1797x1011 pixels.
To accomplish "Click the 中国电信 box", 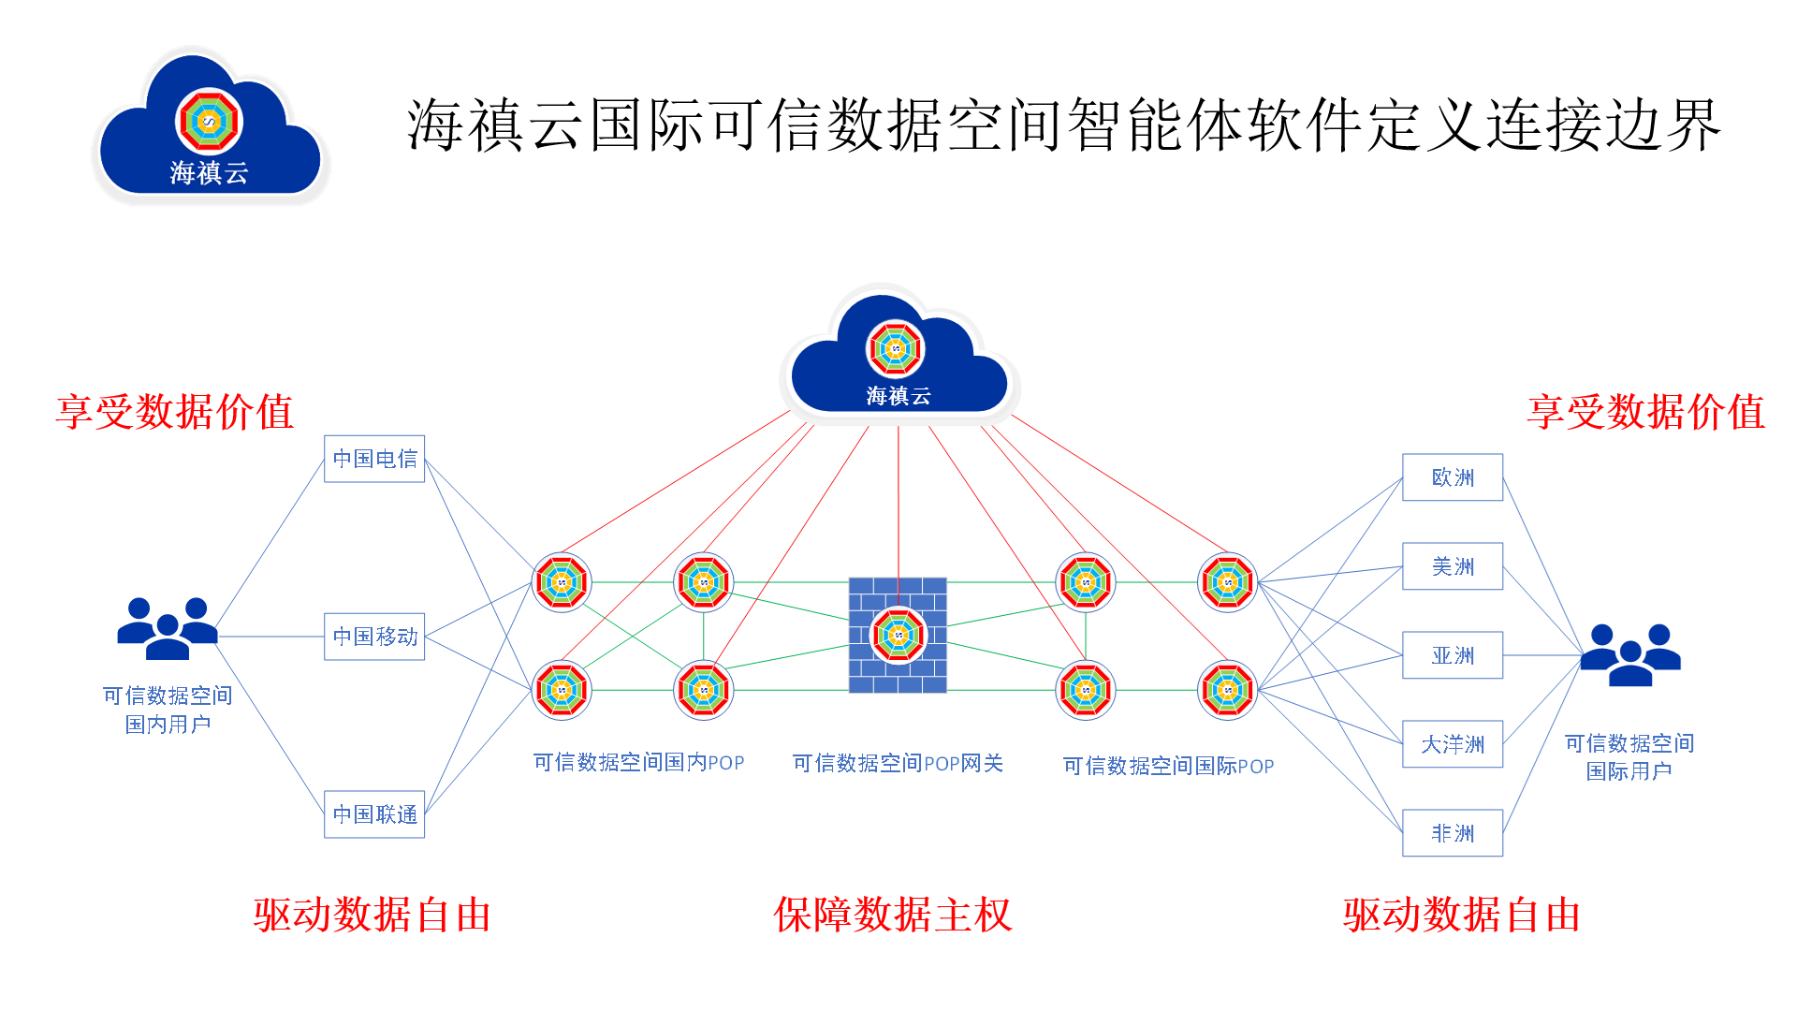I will click(x=374, y=459).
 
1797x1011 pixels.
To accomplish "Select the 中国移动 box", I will click(x=374, y=637).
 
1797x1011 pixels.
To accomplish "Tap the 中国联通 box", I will click(x=374, y=814).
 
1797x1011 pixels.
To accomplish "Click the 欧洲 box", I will click(x=1453, y=477).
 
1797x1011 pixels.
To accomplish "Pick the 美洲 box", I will click(x=1453, y=566).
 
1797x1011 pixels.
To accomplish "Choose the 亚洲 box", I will click(x=1453, y=655).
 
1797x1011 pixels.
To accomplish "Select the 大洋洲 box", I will click(x=1453, y=744).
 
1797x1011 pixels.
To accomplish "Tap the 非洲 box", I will click(x=1453, y=833).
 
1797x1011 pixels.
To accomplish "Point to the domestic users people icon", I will click(x=168, y=628).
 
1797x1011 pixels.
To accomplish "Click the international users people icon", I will click(x=1630, y=654).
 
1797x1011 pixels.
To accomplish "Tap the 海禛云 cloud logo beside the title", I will click(x=210, y=127).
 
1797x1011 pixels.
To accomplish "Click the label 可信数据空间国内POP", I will click(x=638, y=763).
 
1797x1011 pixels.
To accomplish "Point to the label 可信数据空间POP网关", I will click(x=898, y=764).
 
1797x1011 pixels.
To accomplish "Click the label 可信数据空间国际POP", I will click(x=1168, y=766).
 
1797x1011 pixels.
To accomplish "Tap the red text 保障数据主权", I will click(x=893, y=915).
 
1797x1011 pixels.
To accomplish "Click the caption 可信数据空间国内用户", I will click(x=168, y=710).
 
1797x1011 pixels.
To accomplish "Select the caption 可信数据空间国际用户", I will click(x=1629, y=756).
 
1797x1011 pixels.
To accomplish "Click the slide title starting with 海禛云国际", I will click(x=1063, y=125).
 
